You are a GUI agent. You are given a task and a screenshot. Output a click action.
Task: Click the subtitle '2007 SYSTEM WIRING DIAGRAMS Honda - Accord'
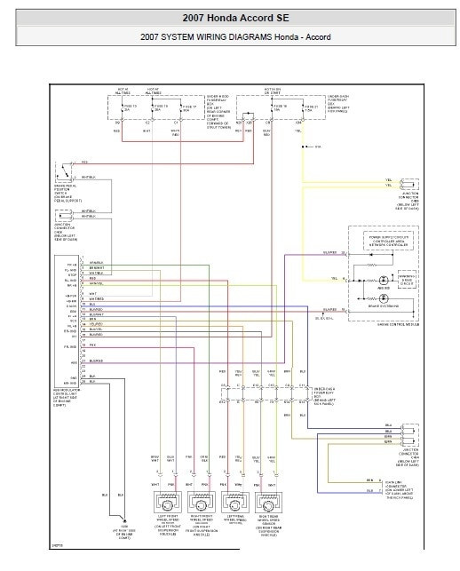point(230,37)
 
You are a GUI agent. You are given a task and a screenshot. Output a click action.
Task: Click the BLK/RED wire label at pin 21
point(96,361)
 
